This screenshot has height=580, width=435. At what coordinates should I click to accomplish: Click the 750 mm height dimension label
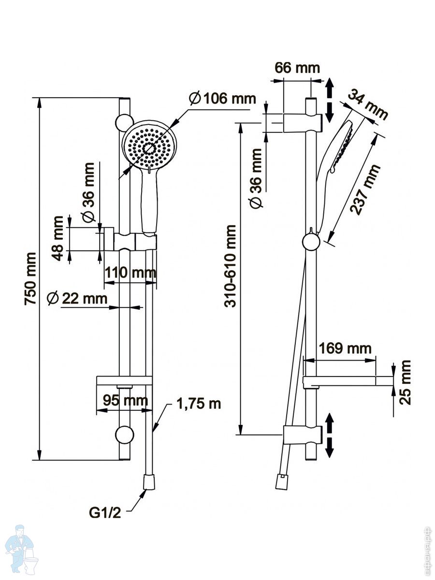30,278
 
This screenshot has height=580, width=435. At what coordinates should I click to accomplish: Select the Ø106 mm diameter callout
222,99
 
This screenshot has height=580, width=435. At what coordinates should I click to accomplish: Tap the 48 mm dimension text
58,238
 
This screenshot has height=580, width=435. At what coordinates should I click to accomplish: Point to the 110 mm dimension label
130,273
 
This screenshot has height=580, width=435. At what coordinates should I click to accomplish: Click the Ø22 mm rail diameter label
77,298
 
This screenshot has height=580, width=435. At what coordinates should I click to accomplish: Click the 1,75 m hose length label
198,404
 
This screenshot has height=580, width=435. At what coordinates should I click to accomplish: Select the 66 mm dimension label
297,68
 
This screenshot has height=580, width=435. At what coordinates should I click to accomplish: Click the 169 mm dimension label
345,348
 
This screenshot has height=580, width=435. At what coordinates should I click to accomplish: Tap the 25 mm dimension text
406,381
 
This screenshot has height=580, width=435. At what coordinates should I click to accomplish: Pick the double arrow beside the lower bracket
329,435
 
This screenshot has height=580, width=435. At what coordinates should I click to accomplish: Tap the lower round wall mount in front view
125,435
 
